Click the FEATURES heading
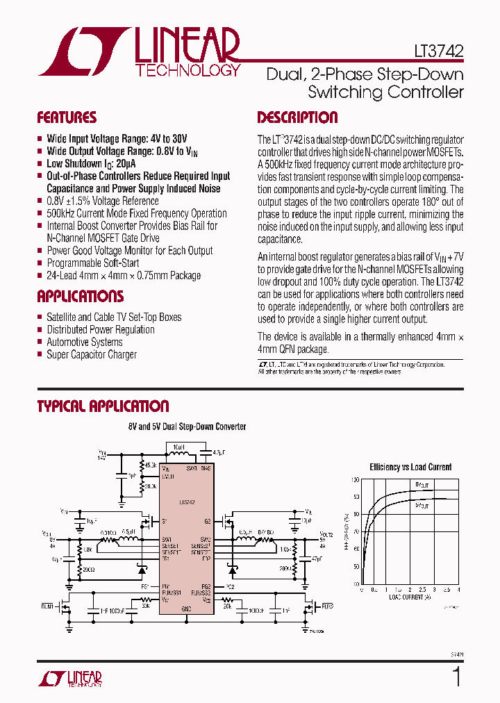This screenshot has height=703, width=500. coord(67,117)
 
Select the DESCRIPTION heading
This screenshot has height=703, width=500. coord(297,117)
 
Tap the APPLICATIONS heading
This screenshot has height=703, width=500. coord(80,297)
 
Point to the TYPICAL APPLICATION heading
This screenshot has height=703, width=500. coord(103,406)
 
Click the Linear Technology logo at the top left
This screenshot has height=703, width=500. coord(139,52)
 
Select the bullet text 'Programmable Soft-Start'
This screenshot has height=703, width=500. coord(92,263)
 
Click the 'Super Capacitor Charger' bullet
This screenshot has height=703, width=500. coord(92,354)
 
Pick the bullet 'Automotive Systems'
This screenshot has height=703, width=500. coord(84,342)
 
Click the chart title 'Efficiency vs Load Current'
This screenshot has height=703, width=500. coord(410,467)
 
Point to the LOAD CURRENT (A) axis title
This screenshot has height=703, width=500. coord(410,597)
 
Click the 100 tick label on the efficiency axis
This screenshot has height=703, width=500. coord(355,480)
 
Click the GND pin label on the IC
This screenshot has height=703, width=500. coord(186,608)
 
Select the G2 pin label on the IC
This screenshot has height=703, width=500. coord(207,521)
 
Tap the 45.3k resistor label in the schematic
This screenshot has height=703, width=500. coord(150,465)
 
